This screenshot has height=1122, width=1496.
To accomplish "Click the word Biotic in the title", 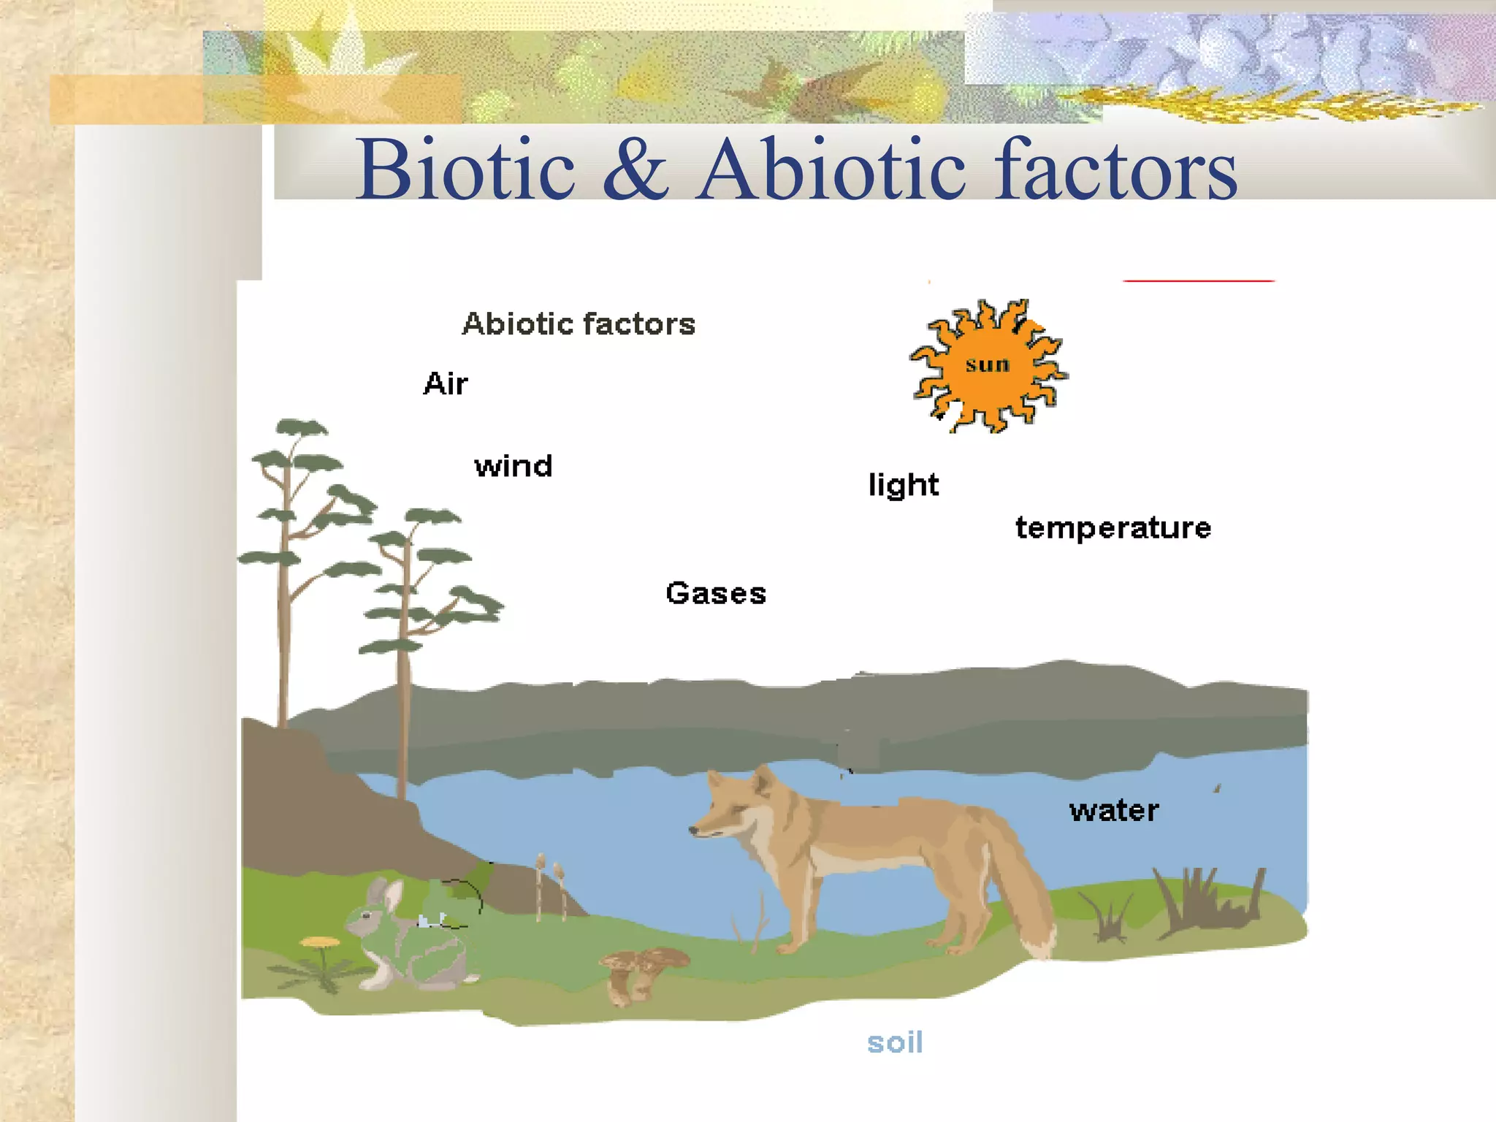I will pos(466,169).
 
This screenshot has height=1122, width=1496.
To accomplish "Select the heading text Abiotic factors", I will pos(579,324).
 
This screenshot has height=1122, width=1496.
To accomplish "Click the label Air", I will pos(445,383).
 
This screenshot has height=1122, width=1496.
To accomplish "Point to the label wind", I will pos(514,466).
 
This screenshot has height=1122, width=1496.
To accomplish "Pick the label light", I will pos(904,485).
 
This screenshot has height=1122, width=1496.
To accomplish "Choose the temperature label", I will pos(1113,527).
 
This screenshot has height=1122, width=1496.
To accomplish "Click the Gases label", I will pos(716,593).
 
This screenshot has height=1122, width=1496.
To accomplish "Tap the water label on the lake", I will pos(1114,810).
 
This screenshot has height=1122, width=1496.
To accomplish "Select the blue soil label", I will pos(895,1042).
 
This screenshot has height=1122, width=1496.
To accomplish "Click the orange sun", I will pos(988,365).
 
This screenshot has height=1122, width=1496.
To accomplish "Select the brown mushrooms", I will pos(643,972).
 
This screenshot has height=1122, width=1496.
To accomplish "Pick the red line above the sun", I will pos(1198,280).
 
